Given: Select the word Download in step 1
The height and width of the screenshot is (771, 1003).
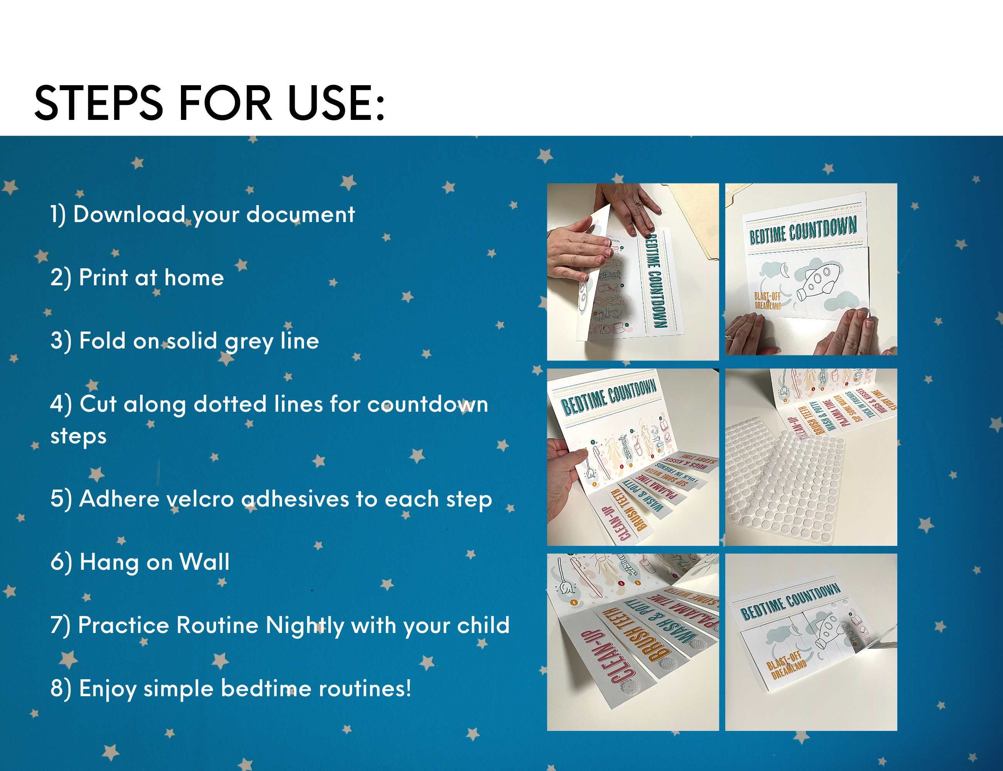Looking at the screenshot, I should point(128,214).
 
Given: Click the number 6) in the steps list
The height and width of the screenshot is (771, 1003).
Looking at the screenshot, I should point(61,562).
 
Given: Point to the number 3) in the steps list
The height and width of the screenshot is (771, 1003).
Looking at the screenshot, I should point(61,341).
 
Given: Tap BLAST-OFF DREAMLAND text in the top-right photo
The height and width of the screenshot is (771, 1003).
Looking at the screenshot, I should point(768,300).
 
